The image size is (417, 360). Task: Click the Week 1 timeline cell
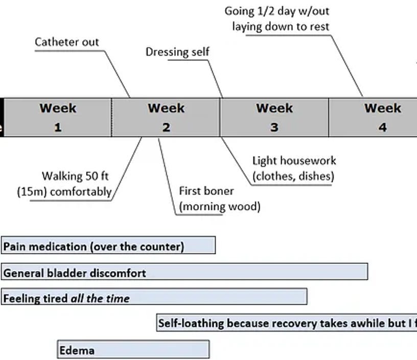(58, 117)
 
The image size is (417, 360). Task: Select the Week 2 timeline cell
(166, 117)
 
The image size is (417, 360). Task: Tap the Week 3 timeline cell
(274, 117)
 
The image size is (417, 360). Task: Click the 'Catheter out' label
(67, 42)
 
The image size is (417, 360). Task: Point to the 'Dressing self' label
(177, 52)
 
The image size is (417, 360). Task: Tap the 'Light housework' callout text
(294, 161)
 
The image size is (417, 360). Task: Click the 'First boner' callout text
(206, 191)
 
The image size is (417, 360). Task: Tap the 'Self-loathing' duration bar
(286, 323)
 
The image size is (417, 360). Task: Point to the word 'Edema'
(77, 350)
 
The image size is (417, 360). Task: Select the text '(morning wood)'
(219, 207)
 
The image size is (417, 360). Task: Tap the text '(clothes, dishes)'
(293, 177)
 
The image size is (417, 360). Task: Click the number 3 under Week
(274, 127)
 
